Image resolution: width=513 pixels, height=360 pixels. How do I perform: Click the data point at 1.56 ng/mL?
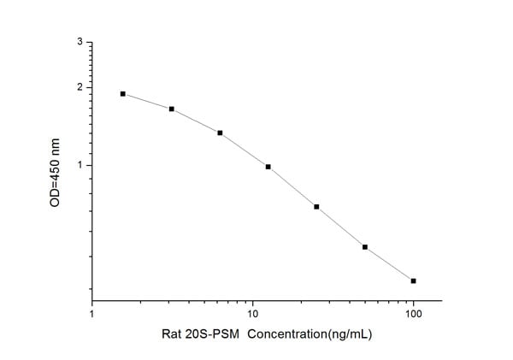[x=123, y=94]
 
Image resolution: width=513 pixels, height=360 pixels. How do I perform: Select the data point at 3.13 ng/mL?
[x=172, y=109]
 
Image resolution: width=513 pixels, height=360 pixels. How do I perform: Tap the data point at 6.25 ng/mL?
[x=220, y=133]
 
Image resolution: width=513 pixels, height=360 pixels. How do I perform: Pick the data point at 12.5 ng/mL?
[x=268, y=167]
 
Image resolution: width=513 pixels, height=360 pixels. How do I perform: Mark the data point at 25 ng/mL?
[x=317, y=207]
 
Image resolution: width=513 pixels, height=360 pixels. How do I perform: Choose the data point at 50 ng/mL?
[x=365, y=247]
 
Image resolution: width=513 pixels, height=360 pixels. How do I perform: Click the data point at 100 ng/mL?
[x=414, y=280]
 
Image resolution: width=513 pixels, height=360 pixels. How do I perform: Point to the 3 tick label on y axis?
[x=80, y=42]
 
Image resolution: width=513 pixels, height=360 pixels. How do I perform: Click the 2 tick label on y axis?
[x=80, y=87]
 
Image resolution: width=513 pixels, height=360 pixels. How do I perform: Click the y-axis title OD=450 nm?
[x=56, y=170]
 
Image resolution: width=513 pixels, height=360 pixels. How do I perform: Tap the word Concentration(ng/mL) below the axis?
[x=298, y=334]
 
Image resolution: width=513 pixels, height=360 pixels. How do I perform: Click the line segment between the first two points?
[x=147, y=102]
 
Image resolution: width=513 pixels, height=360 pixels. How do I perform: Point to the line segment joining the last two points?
[x=389, y=264]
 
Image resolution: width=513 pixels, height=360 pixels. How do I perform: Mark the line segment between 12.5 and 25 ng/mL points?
[x=292, y=186]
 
